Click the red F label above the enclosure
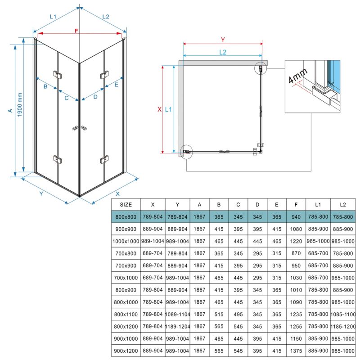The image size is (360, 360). tap(76, 31)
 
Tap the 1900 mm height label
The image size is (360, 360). tap(20, 105)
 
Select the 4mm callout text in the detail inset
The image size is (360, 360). tap(297, 76)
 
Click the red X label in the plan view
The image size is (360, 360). tap(160, 109)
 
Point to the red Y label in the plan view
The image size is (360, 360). tap(223, 40)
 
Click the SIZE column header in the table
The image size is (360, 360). tap(126, 205)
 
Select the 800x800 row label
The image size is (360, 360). tap(126, 217)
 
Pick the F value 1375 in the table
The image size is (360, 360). tap(296, 351)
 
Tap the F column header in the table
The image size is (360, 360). tap(296, 205)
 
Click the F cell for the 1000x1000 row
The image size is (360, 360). tap(296, 241)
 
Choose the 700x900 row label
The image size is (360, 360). tap(126, 265)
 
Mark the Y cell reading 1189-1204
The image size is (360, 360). tap(177, 326)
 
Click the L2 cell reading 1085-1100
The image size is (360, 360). tap(343, 314)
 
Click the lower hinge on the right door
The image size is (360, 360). tap(104, 159)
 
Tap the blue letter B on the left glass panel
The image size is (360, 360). tap(45, 86)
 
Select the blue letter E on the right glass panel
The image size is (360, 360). tap(117, 85)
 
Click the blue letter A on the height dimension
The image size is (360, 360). tap(10, 111)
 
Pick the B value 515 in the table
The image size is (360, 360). tap(219, 314)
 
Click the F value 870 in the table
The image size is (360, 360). tap(296, 253)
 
